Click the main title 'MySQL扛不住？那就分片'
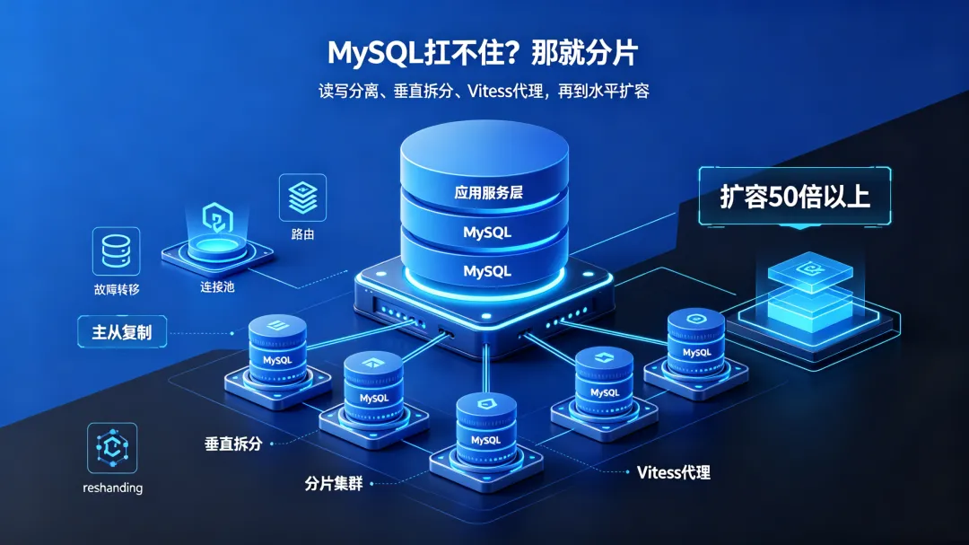(483, 53)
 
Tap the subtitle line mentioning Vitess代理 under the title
(484, 92)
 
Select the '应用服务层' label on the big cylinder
(488, 192)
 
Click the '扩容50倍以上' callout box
(795, 196)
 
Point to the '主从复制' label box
(122, 332)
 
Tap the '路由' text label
(303, 234)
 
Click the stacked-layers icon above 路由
(303, 198)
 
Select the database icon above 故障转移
(116, 251)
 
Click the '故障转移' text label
(117, 289)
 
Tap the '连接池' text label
(217, 287)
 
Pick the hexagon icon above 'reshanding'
(112, 447)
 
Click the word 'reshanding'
(112, 488)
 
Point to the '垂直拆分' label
(233, 444)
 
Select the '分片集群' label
(334, 483)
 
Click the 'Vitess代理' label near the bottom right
(674, 472)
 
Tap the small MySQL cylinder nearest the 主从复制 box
(277, 350)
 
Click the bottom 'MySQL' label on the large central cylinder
(487, 271)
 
